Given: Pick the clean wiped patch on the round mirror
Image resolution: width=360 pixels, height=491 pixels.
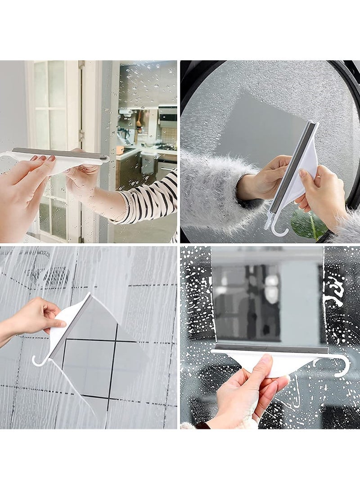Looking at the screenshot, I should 252,122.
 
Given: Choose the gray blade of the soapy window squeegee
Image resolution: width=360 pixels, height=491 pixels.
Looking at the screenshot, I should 270,348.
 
